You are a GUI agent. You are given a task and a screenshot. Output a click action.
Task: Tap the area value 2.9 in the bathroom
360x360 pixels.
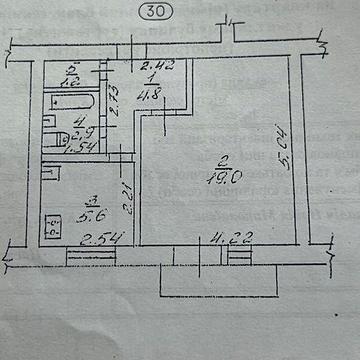85,134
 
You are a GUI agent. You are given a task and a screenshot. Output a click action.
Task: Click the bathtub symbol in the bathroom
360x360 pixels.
70,103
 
